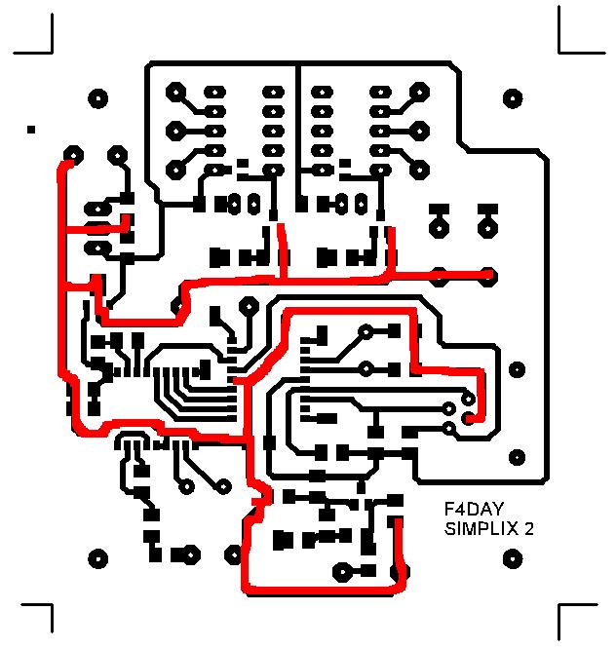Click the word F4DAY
(473, 510)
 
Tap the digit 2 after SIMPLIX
(528, 530)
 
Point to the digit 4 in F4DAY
(459, 510)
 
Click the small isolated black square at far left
(32, 129)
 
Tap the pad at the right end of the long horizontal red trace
(487, 275)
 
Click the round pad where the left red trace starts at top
(72, 155)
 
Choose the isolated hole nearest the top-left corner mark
(97, 98)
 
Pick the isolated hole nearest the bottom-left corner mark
(97, 559)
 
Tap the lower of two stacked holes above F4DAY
(518, 454)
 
